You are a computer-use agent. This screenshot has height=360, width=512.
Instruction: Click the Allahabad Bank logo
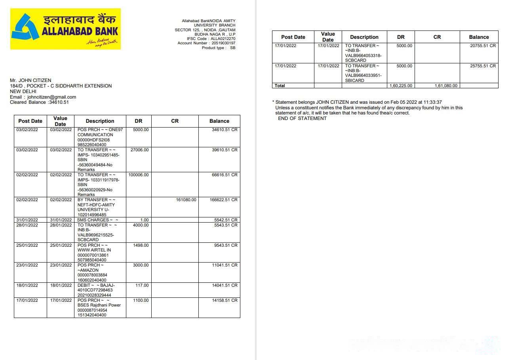coord(65,29)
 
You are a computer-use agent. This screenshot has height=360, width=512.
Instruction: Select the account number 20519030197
coord(223,43)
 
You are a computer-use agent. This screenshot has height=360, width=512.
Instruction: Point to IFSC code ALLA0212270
coord(223,39)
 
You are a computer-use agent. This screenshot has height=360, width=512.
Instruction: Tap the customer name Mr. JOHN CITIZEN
coord(30,80)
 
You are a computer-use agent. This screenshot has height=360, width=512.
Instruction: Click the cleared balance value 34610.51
coord(59,102)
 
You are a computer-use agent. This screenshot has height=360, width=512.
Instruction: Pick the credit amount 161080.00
coord(186,200)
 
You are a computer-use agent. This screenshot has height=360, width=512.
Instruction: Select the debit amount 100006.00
coord(139,175)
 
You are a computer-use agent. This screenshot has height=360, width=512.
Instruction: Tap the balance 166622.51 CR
coord(223,200)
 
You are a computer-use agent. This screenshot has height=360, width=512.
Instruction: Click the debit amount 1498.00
coord(141,246)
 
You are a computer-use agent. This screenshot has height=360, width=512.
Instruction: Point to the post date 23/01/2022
coord(27,265)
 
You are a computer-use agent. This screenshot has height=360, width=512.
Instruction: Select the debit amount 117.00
coord(142,286)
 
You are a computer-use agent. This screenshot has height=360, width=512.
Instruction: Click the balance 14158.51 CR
coord(225,301)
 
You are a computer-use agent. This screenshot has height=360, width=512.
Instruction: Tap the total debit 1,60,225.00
coord(401,86)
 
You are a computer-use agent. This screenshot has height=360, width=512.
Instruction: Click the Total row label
coord(280,86)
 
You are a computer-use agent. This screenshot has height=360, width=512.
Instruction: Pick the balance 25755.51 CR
coord(483,66)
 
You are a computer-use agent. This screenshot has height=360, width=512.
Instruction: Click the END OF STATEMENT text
coord(302,118)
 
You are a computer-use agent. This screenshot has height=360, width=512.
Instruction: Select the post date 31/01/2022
coord(27,220)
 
